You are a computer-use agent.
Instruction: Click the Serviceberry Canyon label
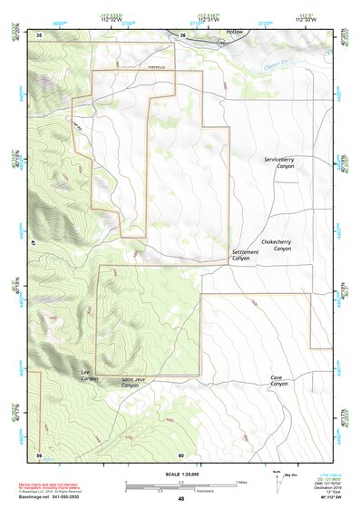point(279,163)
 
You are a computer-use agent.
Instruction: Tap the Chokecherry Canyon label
point(276,244)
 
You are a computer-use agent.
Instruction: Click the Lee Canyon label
point(89,374)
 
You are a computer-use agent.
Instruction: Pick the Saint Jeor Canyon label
point(131,382)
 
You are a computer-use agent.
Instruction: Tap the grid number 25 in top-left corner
point(39,34)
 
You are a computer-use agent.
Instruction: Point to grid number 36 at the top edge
point(181,35)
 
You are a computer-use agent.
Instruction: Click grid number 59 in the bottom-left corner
point(39,454)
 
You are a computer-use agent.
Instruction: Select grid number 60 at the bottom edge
point(181,455)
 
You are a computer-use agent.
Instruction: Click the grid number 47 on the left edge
point(34,243)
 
